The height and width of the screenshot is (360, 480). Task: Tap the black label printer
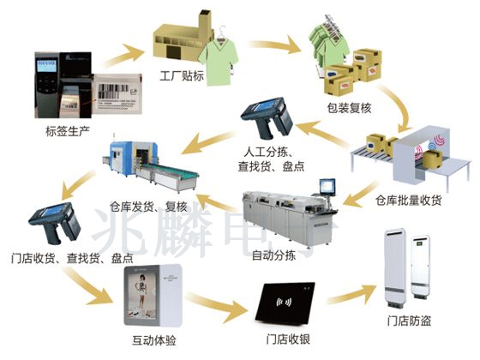53,86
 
